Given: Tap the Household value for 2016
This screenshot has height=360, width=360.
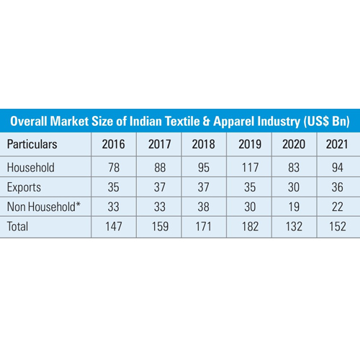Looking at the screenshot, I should click(x=113, y=167).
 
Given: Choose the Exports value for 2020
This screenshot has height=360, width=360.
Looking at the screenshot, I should click(x=293, y=186).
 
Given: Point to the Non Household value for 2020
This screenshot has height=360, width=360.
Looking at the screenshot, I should click(x=293, y=204).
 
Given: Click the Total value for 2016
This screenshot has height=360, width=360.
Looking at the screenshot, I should click(x=113, y=225).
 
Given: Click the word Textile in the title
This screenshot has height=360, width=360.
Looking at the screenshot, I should click(x=201, y=120).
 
